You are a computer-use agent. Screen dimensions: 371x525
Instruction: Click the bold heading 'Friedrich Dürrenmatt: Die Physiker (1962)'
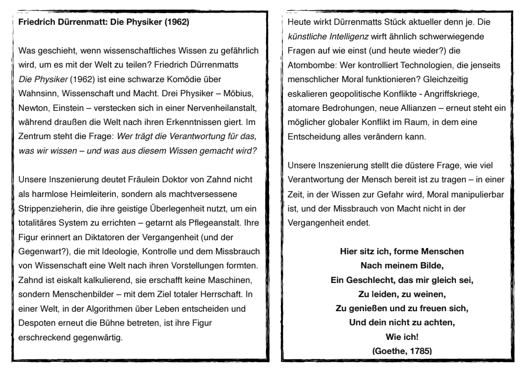tap(103, 22)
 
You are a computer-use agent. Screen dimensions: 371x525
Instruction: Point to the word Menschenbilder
tap(77, 295)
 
